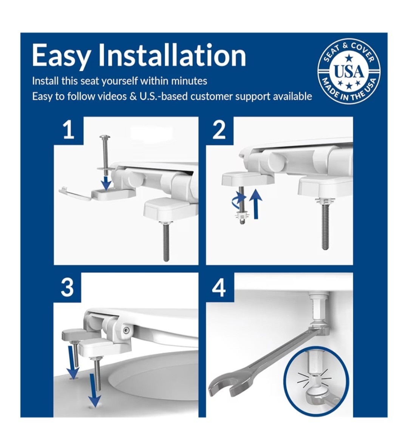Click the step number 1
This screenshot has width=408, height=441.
click(x=68, y=130)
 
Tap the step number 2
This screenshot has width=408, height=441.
click(x=219, y=130)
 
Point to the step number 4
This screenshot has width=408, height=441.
click(x=219, y=287)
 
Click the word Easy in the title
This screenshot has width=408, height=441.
click(x=60, y=56)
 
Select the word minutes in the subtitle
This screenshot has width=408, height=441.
click(x=189, y=81)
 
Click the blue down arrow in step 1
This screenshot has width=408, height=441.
click(x=106, y=183)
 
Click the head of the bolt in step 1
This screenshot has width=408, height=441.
click(x=105, y=137)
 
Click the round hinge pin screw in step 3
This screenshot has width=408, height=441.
click(x=126, y=330)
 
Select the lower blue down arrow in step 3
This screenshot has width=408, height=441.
click(x=94, y=390)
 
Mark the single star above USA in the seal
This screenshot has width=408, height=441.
click(x=349, y=59)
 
